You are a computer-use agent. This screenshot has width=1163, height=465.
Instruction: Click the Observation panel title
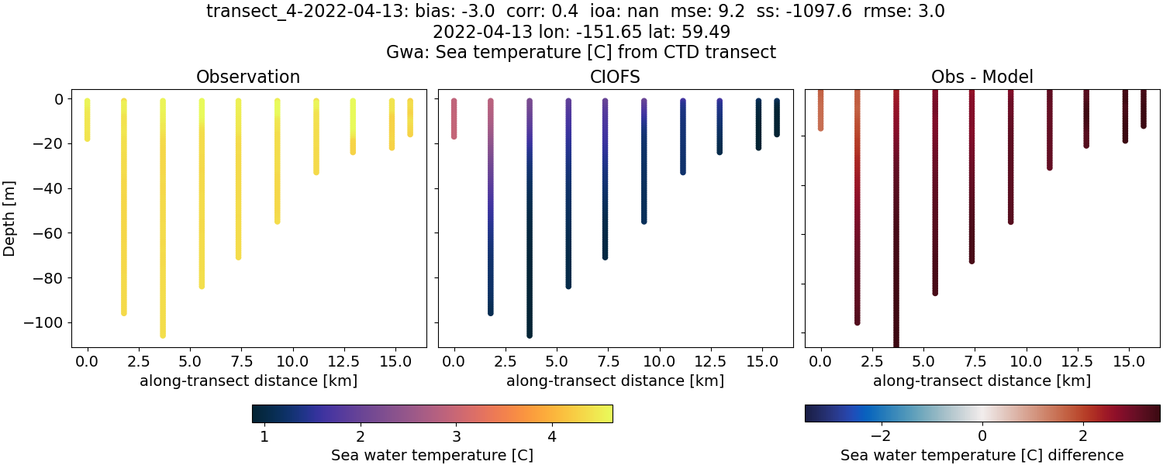[248, 77]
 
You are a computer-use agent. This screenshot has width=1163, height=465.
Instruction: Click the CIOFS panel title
[616, 77]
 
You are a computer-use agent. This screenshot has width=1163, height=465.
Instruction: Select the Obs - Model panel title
[982, 77]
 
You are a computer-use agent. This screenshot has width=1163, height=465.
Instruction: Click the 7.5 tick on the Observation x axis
[239, 362]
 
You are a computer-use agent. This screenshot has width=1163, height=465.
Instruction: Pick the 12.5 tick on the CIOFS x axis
[720, 362]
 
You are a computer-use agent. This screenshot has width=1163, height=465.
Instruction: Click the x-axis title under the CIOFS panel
[615, 381]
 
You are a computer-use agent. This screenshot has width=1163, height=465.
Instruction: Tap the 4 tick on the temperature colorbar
[552, 436]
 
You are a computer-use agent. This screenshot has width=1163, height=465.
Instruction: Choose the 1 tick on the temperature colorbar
[264, 436]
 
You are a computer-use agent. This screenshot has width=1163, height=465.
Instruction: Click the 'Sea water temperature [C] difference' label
[982, 455]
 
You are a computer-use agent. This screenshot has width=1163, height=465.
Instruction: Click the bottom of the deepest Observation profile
[163, 334]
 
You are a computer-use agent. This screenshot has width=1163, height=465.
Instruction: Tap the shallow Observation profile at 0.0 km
[88, 120]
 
